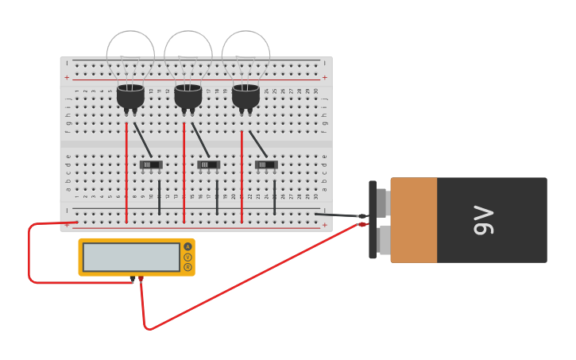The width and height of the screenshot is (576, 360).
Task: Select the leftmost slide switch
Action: click(151, 165)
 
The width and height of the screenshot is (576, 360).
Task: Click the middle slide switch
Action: click(208, 165)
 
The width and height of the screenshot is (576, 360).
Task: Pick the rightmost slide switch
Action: click(266, 165)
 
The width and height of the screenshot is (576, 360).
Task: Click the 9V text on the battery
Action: click(483, 220)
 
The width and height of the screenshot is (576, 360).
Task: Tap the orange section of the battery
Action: click(413, 220)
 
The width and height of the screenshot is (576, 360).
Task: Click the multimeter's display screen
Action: click(131, 257)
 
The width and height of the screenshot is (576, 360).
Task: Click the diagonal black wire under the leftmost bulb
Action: click(143, 140)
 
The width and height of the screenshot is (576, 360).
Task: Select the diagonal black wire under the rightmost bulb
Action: click(258, 144)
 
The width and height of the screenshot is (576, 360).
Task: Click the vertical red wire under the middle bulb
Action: click(184, 171)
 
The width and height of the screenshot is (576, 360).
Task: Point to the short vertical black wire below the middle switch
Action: click(217, 197)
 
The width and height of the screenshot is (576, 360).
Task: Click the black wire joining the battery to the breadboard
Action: click(338, 215)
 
